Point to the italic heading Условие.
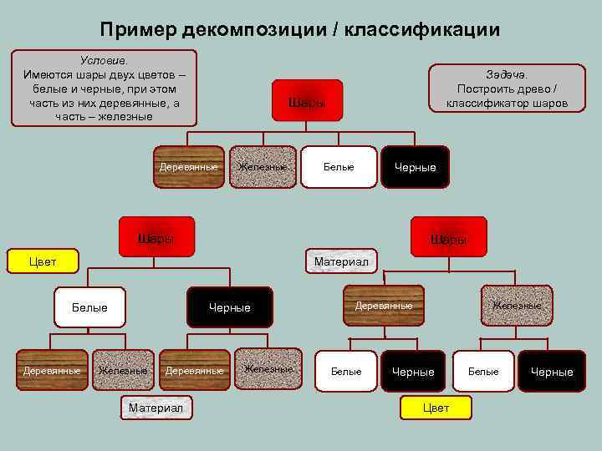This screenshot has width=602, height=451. click(x=104, y=61)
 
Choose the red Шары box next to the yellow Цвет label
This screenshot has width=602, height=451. click(x=156, y=237)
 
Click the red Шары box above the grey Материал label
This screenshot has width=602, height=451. click(x=448, y=238)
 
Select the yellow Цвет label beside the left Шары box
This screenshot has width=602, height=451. click(x=43, y=261)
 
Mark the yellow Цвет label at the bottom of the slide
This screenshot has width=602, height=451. click(x=436, y=408)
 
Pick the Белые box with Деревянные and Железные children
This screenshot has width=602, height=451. click(x=89, y=307)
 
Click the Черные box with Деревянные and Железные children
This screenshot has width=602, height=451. click(x=230, y=307)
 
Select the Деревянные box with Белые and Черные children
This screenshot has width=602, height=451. click(x=384, y=306)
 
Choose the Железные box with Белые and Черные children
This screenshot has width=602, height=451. click(x=517, y=306)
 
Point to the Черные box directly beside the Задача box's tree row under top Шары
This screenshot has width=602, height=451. click(x=416, y=167)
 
